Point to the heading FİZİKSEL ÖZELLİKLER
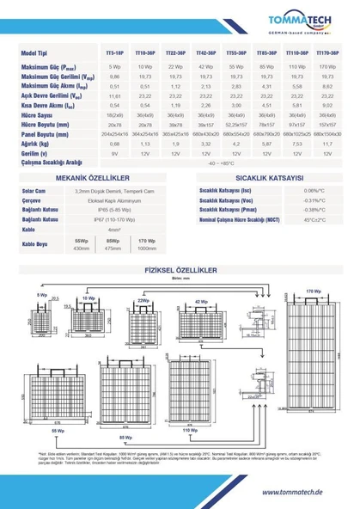tap(180, 270)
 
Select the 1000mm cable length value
tap(147, 248)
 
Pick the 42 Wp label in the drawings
tap(201, 302)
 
